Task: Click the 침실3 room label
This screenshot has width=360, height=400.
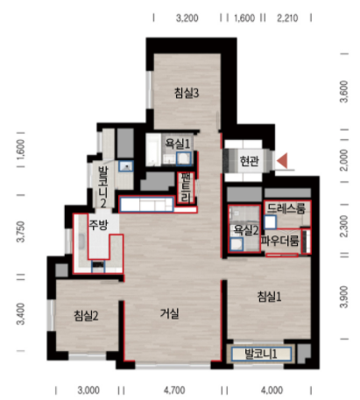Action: (187, 93)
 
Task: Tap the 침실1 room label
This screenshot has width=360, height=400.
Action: (269, 297)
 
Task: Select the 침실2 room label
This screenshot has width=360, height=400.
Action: (86, 315)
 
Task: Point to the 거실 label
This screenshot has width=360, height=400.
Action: (170, 313)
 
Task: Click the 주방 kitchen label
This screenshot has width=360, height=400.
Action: (98, 224)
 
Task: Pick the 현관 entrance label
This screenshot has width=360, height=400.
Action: (249, 160)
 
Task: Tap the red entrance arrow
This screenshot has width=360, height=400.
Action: (282, 160)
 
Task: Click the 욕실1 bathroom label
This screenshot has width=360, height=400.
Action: (178, 144)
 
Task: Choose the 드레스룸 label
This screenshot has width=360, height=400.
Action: (286, 208)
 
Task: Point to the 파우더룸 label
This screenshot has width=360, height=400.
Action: (279, 241)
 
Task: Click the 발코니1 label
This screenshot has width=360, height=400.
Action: (261, 354)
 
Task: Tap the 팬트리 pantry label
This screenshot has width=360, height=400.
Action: (186, 187)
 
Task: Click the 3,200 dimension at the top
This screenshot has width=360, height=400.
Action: (187, 18)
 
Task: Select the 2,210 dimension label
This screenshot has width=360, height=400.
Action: (287, 18)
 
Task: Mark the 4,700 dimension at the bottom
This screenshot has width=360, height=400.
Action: (174, 390)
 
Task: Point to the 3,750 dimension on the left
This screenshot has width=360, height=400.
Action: (21, 232)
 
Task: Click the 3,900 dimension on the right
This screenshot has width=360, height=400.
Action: (344, 297)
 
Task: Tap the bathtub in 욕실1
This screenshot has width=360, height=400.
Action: (153, 150)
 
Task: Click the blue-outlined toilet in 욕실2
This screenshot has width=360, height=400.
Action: (236, 244)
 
